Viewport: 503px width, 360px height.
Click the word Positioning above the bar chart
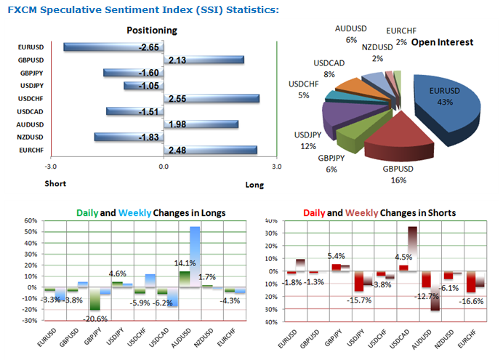151,31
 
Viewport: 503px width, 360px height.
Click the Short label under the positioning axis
55,183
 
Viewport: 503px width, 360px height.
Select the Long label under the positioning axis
254,185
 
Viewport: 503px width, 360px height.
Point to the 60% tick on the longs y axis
31,220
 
